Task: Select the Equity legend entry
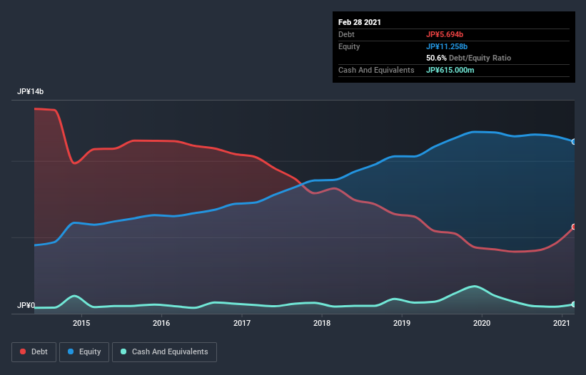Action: (84, 351)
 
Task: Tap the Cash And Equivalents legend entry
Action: (165, 351)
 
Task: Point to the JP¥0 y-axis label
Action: (26, 305)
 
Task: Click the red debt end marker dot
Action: (573, 227)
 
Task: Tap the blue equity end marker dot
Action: (573, 141)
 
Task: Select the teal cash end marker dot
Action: (573, 304)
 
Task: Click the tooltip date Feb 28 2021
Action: (360, 22)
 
